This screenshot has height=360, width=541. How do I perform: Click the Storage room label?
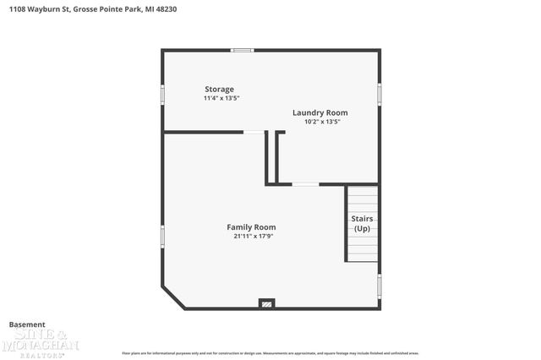click(x=220, y=89)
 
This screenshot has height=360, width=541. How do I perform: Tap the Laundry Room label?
click(x=320, y=112)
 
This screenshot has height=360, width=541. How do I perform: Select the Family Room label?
click(x=251, y=226)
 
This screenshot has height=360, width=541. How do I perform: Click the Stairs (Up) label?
click(x=362, y=224)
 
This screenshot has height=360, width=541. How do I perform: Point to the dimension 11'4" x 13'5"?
click(x=221, y=98)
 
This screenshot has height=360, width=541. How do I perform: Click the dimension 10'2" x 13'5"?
click(x=322, y=122)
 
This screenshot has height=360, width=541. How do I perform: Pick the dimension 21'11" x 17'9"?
click(x=254, y=236)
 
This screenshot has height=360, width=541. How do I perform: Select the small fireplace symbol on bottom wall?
click(x=266, y=303)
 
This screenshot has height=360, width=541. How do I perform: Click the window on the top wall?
click(x=243, y=51)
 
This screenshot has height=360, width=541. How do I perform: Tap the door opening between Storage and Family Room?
click(x=254, y=132)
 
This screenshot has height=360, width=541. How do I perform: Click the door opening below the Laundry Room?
click(x=305, y=184)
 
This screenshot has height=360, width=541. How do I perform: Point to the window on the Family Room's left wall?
click(x=163, y=236)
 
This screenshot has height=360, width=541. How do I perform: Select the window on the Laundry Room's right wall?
click(x=380, y=93)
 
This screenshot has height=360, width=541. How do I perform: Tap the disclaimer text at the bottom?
click(x=270, y=352)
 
